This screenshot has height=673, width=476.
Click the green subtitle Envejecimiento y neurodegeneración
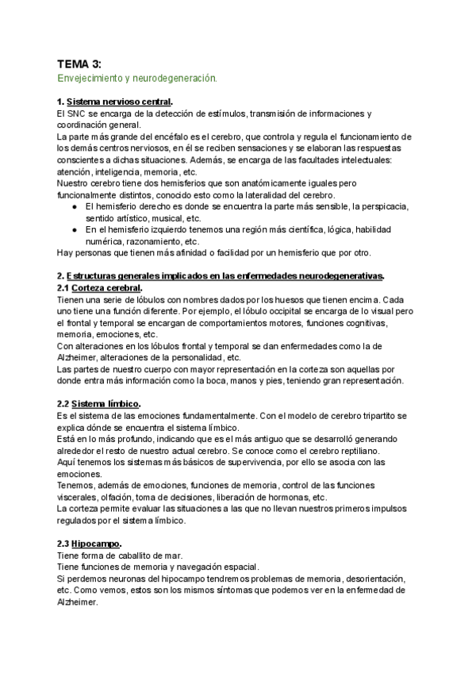[x=136, y=79]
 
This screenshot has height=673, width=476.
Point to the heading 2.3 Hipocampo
[x=90, y=544]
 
